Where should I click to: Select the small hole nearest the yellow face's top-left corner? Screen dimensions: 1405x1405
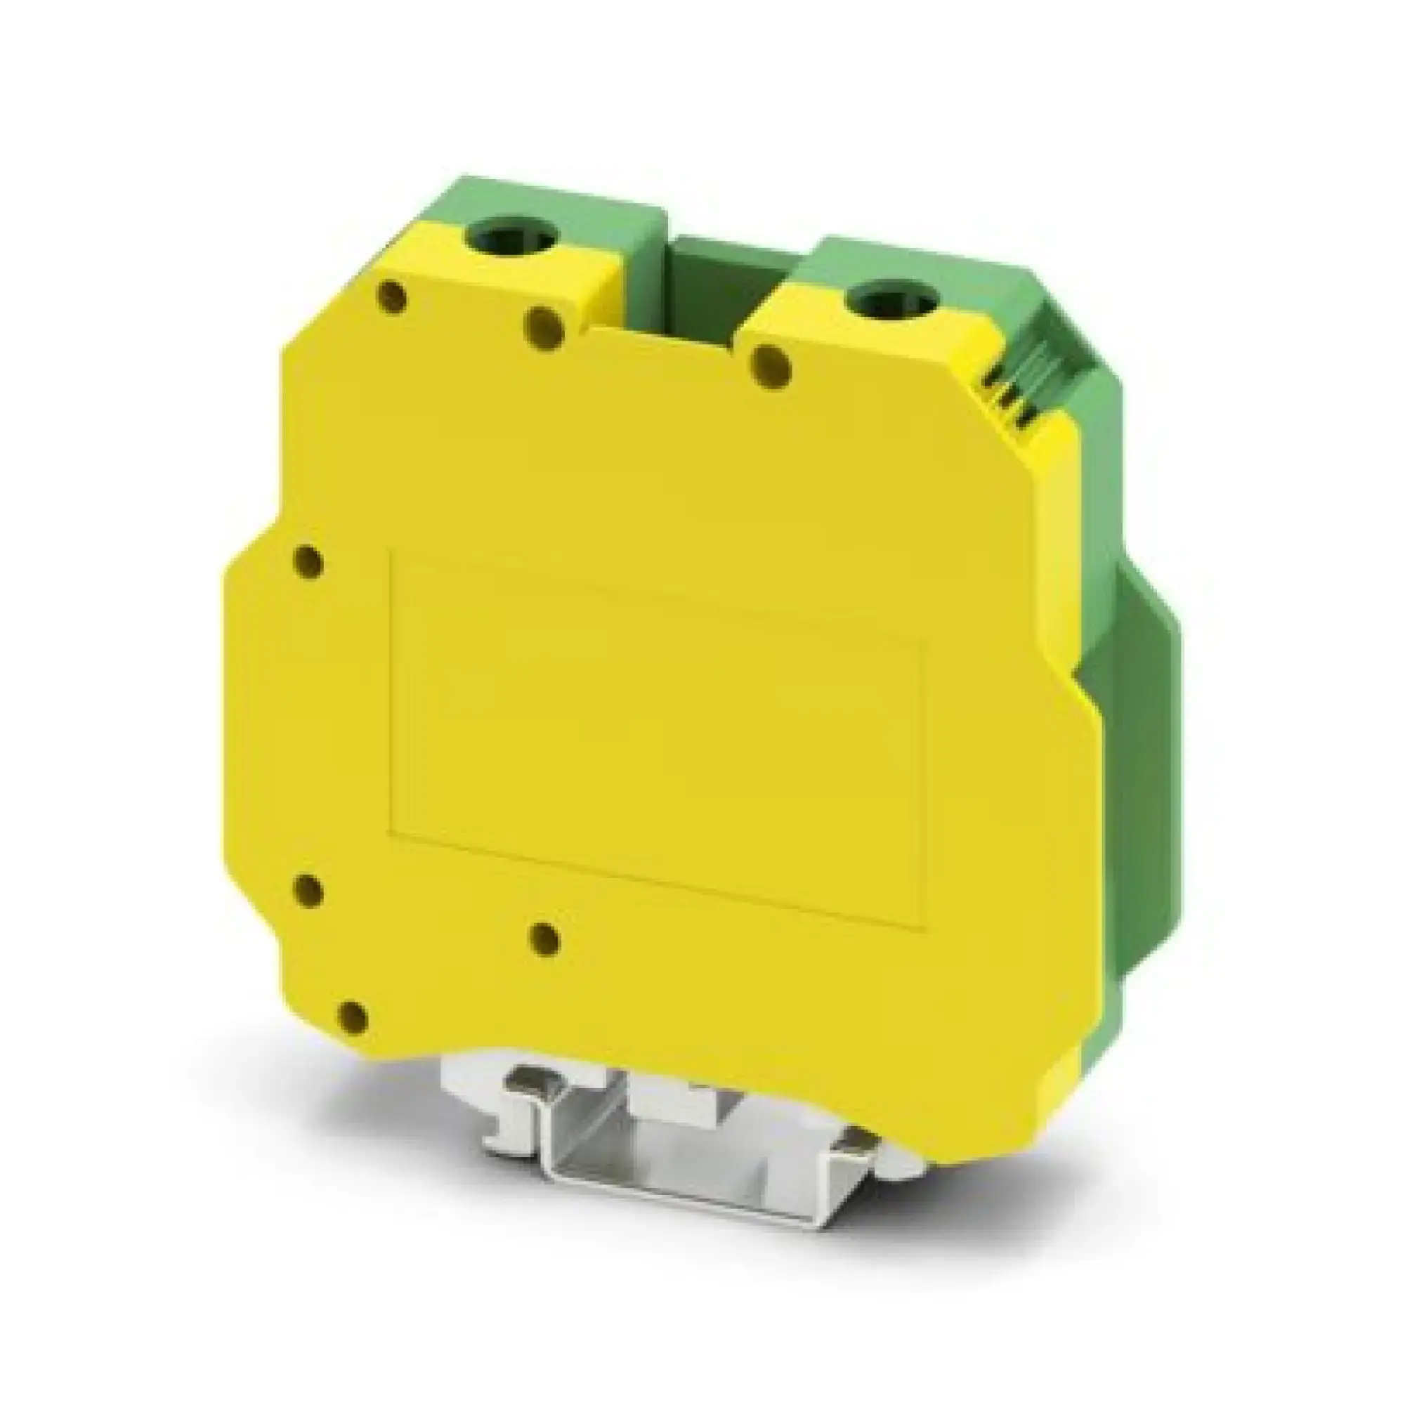[393, 297]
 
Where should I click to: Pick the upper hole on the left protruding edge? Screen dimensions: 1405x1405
[308, 563]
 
